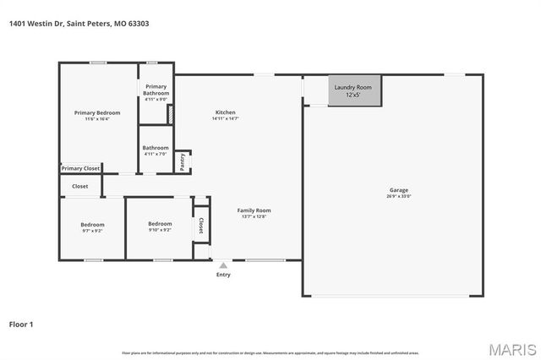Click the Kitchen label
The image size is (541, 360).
coord(225,112)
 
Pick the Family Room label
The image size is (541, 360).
coord(254,210)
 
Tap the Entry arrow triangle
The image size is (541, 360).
coord(223,265)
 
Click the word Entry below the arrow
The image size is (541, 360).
coord(223,275)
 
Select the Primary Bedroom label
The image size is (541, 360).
coord(97,112)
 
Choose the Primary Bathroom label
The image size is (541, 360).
coord(156,90)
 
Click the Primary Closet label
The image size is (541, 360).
coord(80,168)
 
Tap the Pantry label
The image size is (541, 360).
coord(182,160)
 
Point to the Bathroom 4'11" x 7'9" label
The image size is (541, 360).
coord(156,150)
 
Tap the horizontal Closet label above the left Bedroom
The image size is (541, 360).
coord(79,186)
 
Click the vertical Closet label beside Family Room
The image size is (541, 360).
coord(201,226)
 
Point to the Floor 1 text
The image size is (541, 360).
coord(20,324)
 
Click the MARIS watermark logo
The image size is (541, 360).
coord(511,349)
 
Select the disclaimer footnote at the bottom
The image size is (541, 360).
coord(270,352)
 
